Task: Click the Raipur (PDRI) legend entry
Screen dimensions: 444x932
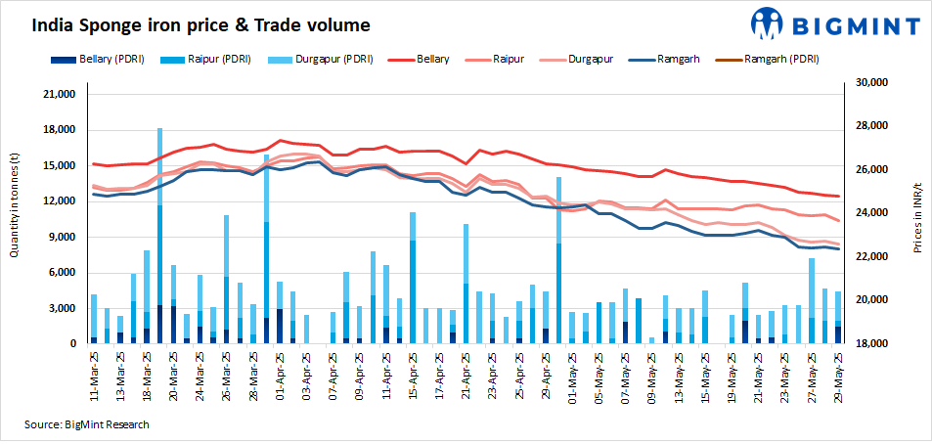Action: click(212, 60)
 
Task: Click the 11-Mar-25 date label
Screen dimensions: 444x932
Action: click(94, 376)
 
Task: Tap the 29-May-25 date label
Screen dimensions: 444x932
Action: click(838, 376)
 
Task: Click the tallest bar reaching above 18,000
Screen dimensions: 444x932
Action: click(159, 235)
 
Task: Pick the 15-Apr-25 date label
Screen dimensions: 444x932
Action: click(413, 376)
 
